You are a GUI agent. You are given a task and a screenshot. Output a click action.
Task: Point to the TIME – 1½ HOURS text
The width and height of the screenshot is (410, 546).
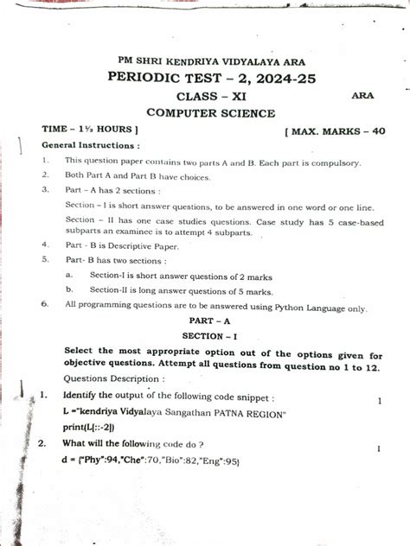[x=91, y=129]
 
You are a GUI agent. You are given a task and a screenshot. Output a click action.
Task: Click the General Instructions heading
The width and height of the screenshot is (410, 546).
[x=90, y=145]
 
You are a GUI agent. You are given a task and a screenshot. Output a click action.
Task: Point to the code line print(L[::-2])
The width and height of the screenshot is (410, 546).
[x=90, y=426]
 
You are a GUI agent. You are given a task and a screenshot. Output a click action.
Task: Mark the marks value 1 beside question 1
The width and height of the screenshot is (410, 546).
[x=380, y=401]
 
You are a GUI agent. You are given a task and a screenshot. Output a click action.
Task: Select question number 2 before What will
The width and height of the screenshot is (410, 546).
[x=42, y=444]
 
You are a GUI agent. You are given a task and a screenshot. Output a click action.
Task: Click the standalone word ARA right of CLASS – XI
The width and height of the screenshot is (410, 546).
[x=362, y=96]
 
